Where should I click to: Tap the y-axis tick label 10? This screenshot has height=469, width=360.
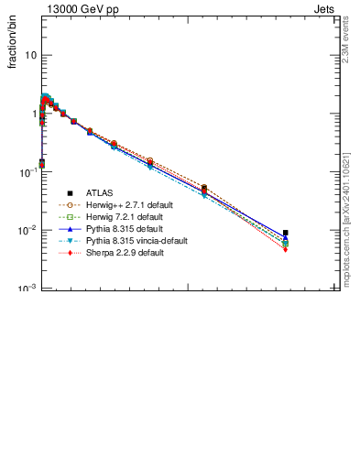coord(31,55)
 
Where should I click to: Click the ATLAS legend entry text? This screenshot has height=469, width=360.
coord(101,193)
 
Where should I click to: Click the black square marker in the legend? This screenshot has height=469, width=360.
coord(70,193)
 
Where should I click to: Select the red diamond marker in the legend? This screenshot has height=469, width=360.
coord(70,253)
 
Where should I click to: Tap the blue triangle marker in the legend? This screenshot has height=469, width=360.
coord(70,229)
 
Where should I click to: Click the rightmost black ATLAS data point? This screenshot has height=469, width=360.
coord(286,233)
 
